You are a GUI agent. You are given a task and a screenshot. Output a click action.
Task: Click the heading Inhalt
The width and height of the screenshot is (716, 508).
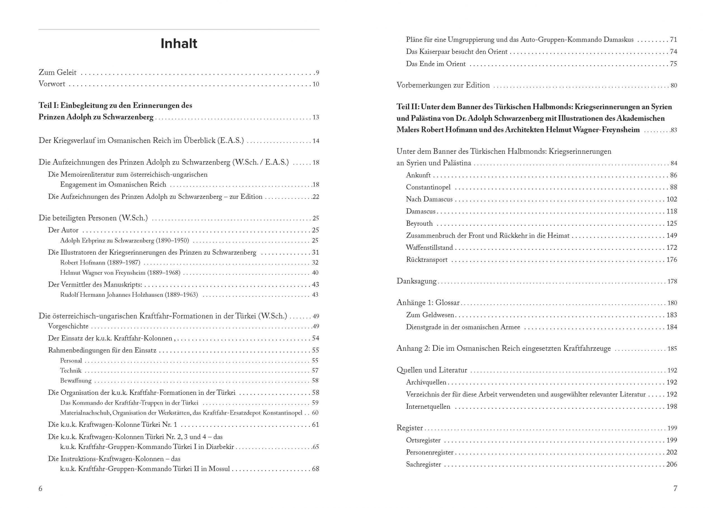(179, 44)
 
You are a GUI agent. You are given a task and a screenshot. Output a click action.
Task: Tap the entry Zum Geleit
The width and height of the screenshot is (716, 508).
(57, 73)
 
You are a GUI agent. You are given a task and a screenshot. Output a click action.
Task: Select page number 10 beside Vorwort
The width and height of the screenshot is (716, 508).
(315, 84)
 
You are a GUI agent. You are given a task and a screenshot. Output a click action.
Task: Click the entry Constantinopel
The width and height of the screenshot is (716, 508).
(428, 187)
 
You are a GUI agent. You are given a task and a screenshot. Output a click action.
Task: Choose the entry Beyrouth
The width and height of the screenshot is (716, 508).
(419, 223)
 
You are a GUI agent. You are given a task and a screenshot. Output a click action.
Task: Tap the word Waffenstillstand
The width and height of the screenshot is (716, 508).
(429, 247)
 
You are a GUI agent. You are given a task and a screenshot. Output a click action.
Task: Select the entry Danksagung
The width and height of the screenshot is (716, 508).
(416, 281)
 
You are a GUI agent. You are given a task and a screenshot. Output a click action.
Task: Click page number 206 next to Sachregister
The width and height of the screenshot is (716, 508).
(672, 464)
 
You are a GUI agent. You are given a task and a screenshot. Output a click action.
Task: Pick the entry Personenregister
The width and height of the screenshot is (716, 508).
(430, 452)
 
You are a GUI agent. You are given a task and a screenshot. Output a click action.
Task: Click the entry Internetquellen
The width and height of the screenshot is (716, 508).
(428, 407)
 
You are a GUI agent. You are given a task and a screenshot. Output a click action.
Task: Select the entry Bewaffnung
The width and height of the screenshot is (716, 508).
(76, 381)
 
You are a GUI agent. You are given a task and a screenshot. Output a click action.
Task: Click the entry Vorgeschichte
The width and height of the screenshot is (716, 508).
(68, 326)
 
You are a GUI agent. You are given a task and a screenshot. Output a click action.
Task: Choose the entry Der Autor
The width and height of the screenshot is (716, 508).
(63, 230)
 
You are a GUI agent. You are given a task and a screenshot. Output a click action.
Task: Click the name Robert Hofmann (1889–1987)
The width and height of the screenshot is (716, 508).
(100, 262)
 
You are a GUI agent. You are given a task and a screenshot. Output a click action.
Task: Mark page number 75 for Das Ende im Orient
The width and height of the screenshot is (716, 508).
(673, 64)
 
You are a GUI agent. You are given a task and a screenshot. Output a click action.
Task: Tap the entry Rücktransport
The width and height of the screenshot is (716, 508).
(427, 260)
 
